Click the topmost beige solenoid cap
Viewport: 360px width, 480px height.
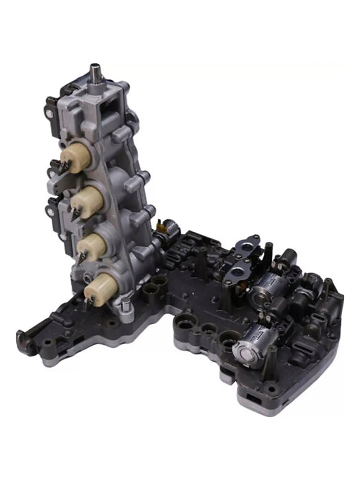[76, 157]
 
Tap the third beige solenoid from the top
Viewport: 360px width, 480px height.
[92, 246]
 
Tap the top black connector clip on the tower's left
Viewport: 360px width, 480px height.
[51, 108]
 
